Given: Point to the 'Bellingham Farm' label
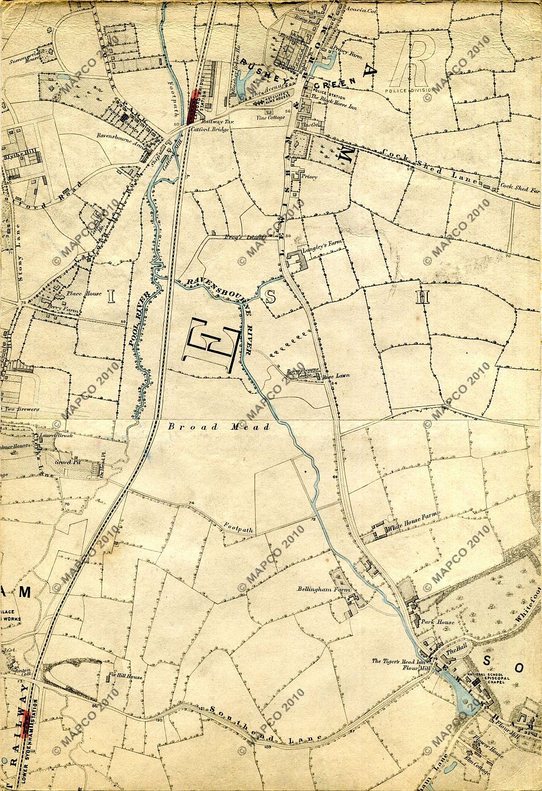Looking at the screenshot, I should click(x=314, y=588).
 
